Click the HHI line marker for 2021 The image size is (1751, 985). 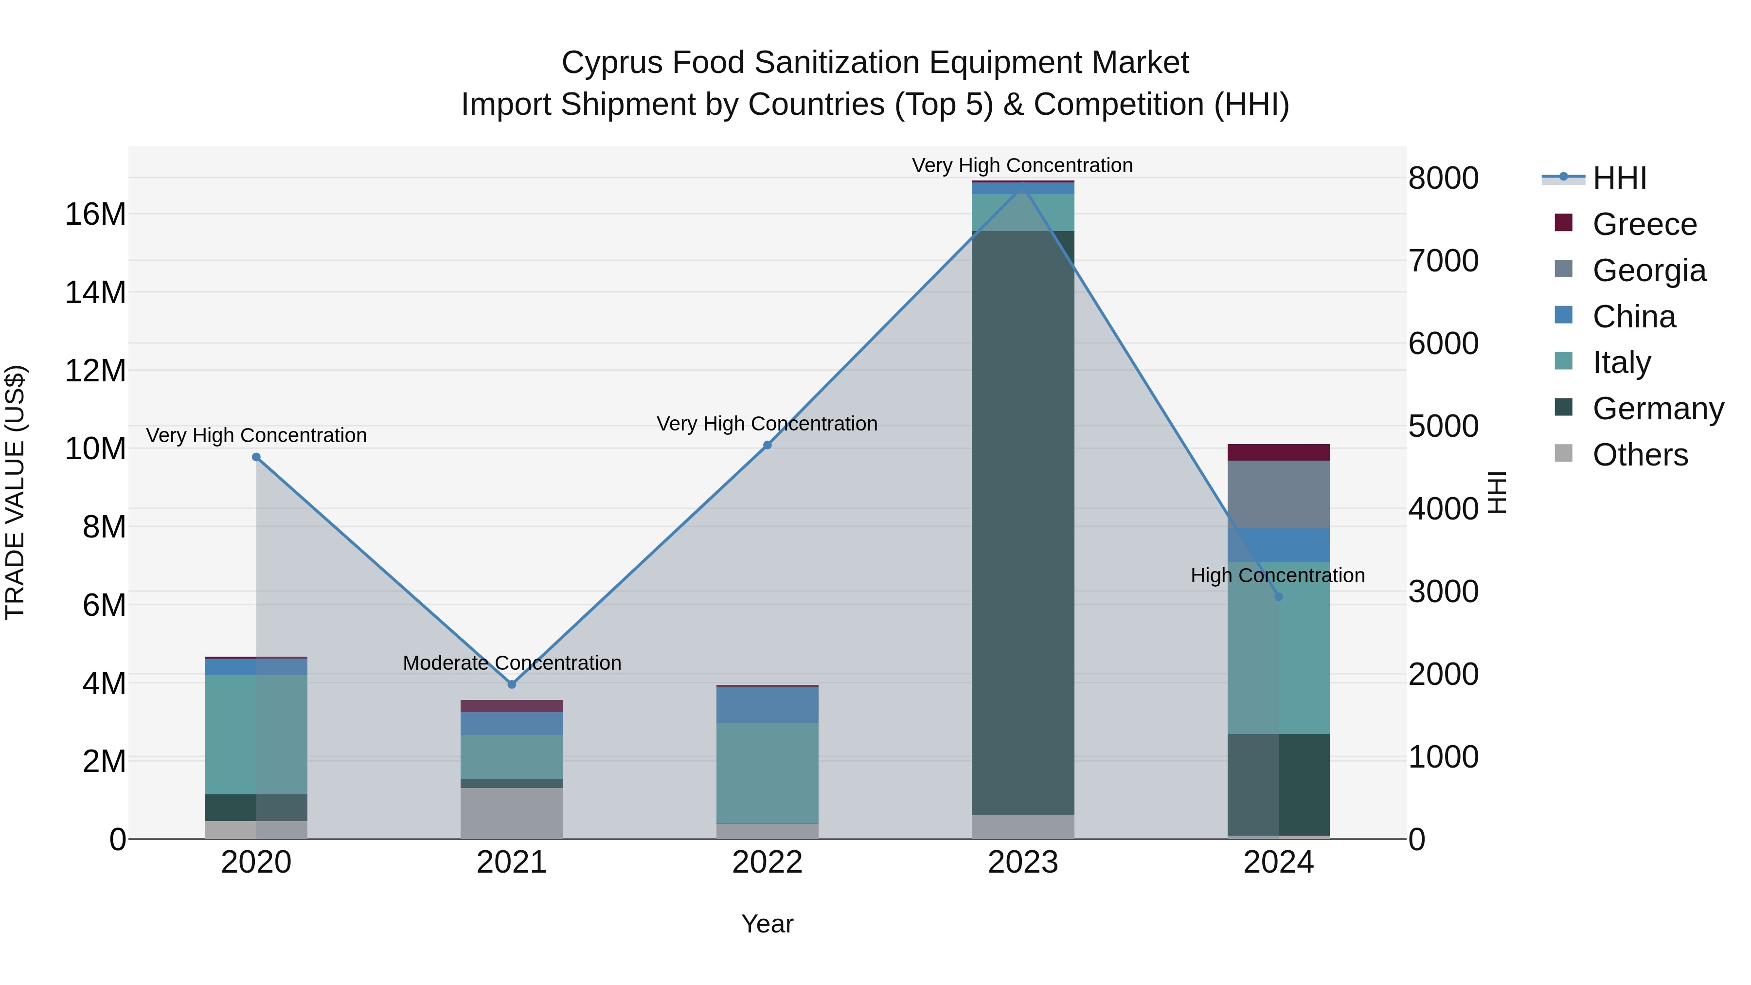pyautogui.click(x=512, y=684)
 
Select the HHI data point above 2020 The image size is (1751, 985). pyautogui.click(x=256, y=457)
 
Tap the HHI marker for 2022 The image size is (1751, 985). pyautogui.click(x=768, y=445)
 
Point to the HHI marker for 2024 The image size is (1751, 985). pyautogui.click(x=1279, y=596)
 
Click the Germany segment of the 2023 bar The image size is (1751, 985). pyautogui.click(x=1023, y=523)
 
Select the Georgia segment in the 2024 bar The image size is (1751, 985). pyautogui.click(x=1279, y=494)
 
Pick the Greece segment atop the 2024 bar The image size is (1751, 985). pyautogui.click(x=1279, y=452)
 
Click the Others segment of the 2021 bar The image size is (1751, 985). pyautogui.click(x=512, y=813)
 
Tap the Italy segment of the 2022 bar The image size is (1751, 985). pyautogui.click(x=768, y=773)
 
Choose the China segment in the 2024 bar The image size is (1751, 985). pyautogui.click(x=1279, y=545)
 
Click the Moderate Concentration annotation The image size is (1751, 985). pyautogui.click(x=512, y=663)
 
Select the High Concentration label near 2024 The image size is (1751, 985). pyautogui.click(x=1277, y=575)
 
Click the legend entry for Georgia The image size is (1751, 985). pyautogui.click(x=1648, y=270)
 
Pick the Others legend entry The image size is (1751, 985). pyautogui.click(x=1640, y=455)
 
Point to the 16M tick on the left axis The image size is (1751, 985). pyautogui.click(x=95, y=214)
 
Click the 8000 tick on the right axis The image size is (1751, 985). pyautogui.click(x=1443, y=178)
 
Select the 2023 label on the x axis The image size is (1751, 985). pyautogui.click(x=1023, y=862)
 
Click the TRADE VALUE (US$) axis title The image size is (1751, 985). pyautogui.click(x=15, y=492)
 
